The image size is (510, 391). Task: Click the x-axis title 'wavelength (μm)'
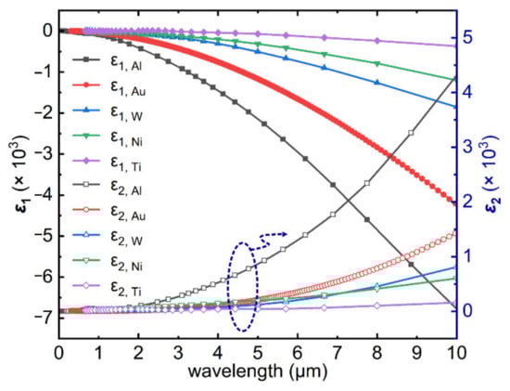point(257,374)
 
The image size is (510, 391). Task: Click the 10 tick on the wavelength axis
point(454,352)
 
